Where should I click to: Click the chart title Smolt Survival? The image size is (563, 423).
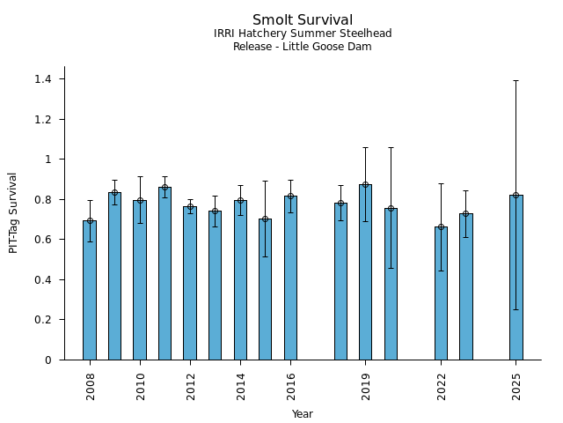[x=303, y=20]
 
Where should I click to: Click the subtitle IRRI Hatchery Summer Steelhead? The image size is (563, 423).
[x=303, y=33]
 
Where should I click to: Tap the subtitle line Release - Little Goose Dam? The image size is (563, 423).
[x=303, y=47]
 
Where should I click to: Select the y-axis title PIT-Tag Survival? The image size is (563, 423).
[x=13, y=212]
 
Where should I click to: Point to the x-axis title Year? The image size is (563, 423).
[x=303, y=414]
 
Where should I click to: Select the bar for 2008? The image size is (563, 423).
[x=90, y=291]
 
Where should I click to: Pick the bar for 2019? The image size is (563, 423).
[x=365, y=272]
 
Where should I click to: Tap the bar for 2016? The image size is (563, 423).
[x=290, y=278]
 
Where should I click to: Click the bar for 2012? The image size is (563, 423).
[x=190, y=283]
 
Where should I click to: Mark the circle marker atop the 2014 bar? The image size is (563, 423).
[x=240, y=201]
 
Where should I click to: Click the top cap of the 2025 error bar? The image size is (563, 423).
[x=515, y=80]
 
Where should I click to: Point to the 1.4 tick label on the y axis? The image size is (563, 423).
[x=42, y=79]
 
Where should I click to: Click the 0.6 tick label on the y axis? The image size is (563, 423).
[x=42, y=240]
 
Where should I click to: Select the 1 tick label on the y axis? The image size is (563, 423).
[x=48, y=160]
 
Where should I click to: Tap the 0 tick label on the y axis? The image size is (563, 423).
[x=48, y=360]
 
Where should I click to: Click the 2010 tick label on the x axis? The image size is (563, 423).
[x=141, y=385]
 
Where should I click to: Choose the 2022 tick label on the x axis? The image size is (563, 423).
[x=442, y=385]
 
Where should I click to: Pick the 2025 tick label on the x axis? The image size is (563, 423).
[x=516, y=385]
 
